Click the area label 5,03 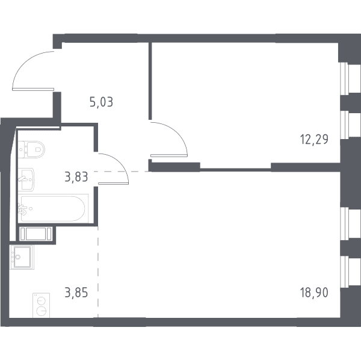pyautogui.click(x=101, y=102)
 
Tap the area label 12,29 pyautogui.click(x=314, y=139)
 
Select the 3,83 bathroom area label pyautogui.click(x=76, y=177)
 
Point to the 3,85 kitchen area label pyautogui.click(x=76, y=293)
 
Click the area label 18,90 pyautogui.click(x=314, y=293)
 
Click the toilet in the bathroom pyautogui.click(x=31, y=149)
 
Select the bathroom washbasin pyautogui.click(x=26, y=179)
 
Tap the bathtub pyautogui.click(x=53, y=208)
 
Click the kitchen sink pyautogui.click(x=22, y=257)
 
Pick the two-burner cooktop pyautogui.click(x=41, y=305)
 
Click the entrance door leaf pyautogui.click(x=33, y=89)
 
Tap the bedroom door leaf pyautogui.click(x=168, y=156)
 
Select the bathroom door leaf pyautogui.click(x=113, y=184)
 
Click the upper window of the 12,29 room pyautogui.click(x=351, y=78)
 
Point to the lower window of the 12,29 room pyautogui.click(x=351, y=125)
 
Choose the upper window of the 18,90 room pyautogui.click(x=351, y=223)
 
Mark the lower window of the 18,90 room pyautogui.click(x=351, y=272)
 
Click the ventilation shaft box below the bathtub pyautogui.click(x=35, y=234)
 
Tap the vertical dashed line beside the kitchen pyautogui.click(x=98, y=272)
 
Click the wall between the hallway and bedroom pyautogui.click(x=150, y=81)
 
